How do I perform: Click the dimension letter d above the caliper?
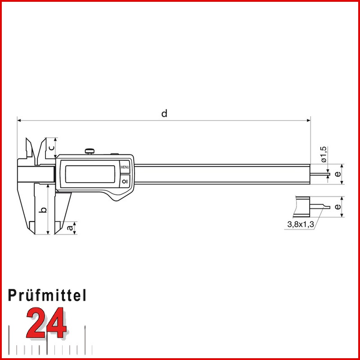tap(165, 113)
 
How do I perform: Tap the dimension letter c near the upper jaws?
tap(51, 147)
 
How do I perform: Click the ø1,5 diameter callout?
tap(324, 154)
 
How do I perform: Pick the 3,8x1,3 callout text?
tap(300, 224)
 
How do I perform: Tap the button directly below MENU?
tap(125, 180)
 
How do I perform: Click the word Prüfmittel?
tap(47, 295)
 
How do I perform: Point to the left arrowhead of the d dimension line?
tap(19, 121)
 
